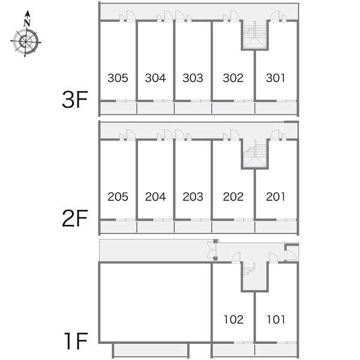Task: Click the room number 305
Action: pyautogui.click(x=118, y=78)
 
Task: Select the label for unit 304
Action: pyautogui.click(x=155, y=78)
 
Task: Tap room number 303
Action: pyautogui.click(x=193, y=78)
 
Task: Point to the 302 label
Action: pyautogui.click(x=233, y=78)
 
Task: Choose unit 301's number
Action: pyautogui.click(x=275, y=78)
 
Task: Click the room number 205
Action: pyautogui.click(x=118, y=197)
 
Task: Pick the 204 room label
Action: pyautogui.click(x=155, y=197)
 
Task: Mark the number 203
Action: pyautogui.click(x=193, y=197)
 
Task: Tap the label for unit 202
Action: pyautogui.click(x=233, y=197)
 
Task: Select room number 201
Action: pyautogui.click(x=275, y=197)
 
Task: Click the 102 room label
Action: pyautogui.click(x=233, y=319)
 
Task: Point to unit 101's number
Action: pyautogui.click(x=276, y=319)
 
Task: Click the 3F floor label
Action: pyautogui.click(x=75, y=100)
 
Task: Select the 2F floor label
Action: pyautogui.click(x=75, y=218)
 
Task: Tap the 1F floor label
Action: pyautogui.click(x=76, y=341)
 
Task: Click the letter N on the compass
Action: pyautogui.click(x=27, y=23)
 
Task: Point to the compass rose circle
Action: pyautogui.click(x=26, y=41)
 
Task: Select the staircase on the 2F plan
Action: pyautogui.click(x=254, y=154)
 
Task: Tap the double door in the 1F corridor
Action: pyautogui.click(x=212, y=250)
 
